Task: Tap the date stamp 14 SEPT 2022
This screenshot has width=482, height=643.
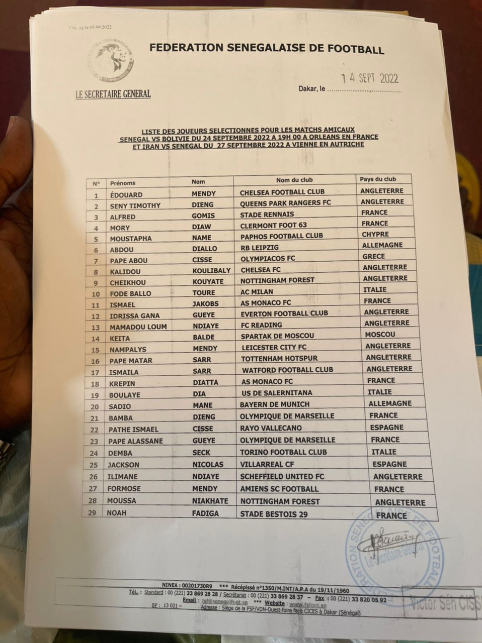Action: (370, 78)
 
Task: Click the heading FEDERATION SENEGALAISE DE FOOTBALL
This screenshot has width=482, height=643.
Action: (267, 49)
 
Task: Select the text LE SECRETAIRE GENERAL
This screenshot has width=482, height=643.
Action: (113, 94)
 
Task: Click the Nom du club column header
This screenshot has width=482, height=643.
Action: (294, 180)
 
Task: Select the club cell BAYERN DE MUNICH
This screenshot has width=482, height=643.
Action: (274, 404)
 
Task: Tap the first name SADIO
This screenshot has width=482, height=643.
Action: (120, 406)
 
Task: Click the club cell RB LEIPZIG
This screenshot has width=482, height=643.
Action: (259, 248)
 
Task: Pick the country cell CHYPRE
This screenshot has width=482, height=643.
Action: (375, 234)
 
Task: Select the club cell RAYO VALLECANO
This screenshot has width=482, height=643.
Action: (271, 428)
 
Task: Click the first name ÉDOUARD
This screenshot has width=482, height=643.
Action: (126, 194)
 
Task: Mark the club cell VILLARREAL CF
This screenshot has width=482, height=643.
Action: (267, 464)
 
